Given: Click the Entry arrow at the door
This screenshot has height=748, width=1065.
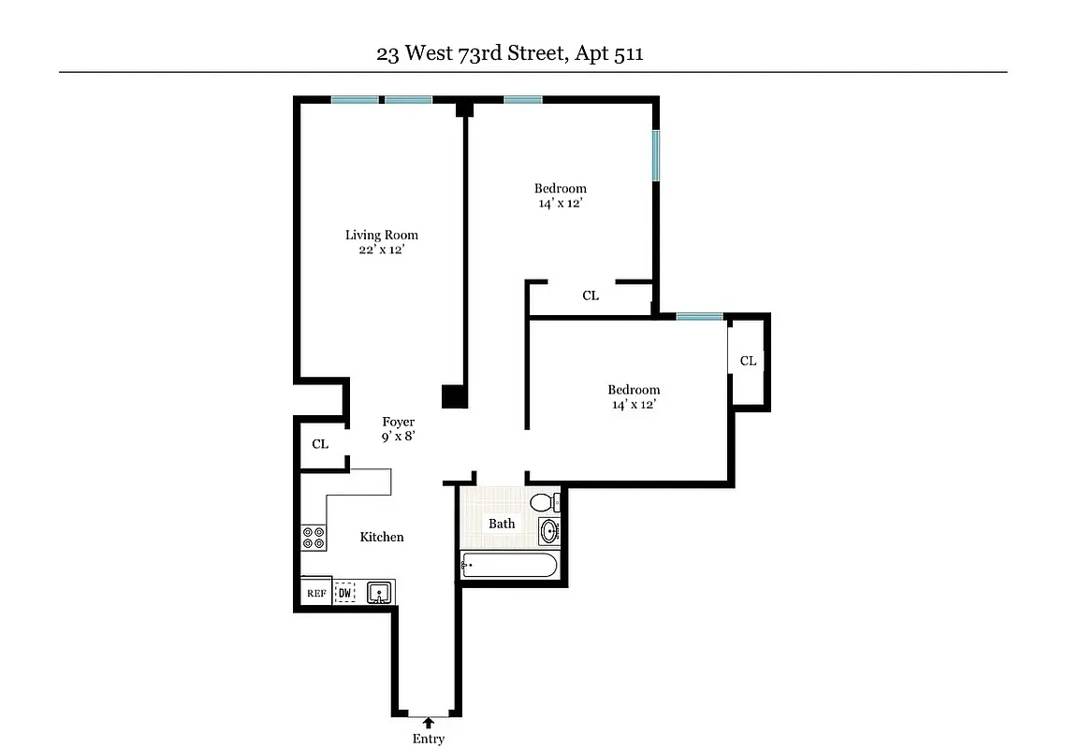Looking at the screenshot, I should (x=429, y=722).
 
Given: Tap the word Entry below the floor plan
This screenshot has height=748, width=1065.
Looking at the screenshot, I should (x=429, y=739).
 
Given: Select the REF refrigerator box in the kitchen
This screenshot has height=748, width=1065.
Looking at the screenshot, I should (x=315, y=593).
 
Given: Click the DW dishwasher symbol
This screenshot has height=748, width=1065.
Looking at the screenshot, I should (x=344, y=593).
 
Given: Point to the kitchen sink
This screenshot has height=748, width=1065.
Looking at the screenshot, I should (x=379, y=592).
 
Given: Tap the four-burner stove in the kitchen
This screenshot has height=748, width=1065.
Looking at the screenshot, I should (x=314, y=537).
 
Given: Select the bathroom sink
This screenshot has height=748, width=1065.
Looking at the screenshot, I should (x=549, y=531).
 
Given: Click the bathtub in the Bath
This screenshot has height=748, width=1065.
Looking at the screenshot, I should (x=510, y=565).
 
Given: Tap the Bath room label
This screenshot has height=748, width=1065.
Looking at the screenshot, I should (x=502, y=524).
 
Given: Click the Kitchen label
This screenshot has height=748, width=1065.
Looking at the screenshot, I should (x=382, y=537).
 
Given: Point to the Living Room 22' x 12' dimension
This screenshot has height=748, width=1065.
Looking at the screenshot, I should (x=381, y=251).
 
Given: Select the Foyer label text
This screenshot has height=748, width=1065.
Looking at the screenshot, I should (x=399, y=422).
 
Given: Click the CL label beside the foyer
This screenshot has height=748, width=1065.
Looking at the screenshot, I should (x=320, y=444).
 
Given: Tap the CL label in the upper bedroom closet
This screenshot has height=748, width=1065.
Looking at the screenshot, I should (x=591, y=295).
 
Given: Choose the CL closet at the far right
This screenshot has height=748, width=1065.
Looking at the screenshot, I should (x=748, y=361).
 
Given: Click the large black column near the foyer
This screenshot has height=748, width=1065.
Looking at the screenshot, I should (x=454, y=396).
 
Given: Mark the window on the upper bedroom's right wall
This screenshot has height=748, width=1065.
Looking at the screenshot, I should (x=656, y=154).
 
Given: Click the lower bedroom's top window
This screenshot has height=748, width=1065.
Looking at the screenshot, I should (x=699, y=316).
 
